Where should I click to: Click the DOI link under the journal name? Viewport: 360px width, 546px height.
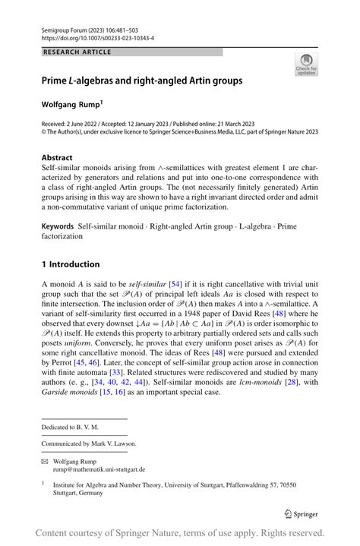[x=96, y=36]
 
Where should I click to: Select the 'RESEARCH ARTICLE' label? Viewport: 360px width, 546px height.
[x=78, y=52]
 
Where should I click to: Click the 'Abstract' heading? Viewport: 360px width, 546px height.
[x=58, y=158]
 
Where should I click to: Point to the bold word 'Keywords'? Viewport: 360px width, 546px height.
[x=58, y=226]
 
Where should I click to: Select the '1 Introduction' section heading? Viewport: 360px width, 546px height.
[x=71, y=264]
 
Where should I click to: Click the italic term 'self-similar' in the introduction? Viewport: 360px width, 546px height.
[x=149, y=283]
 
